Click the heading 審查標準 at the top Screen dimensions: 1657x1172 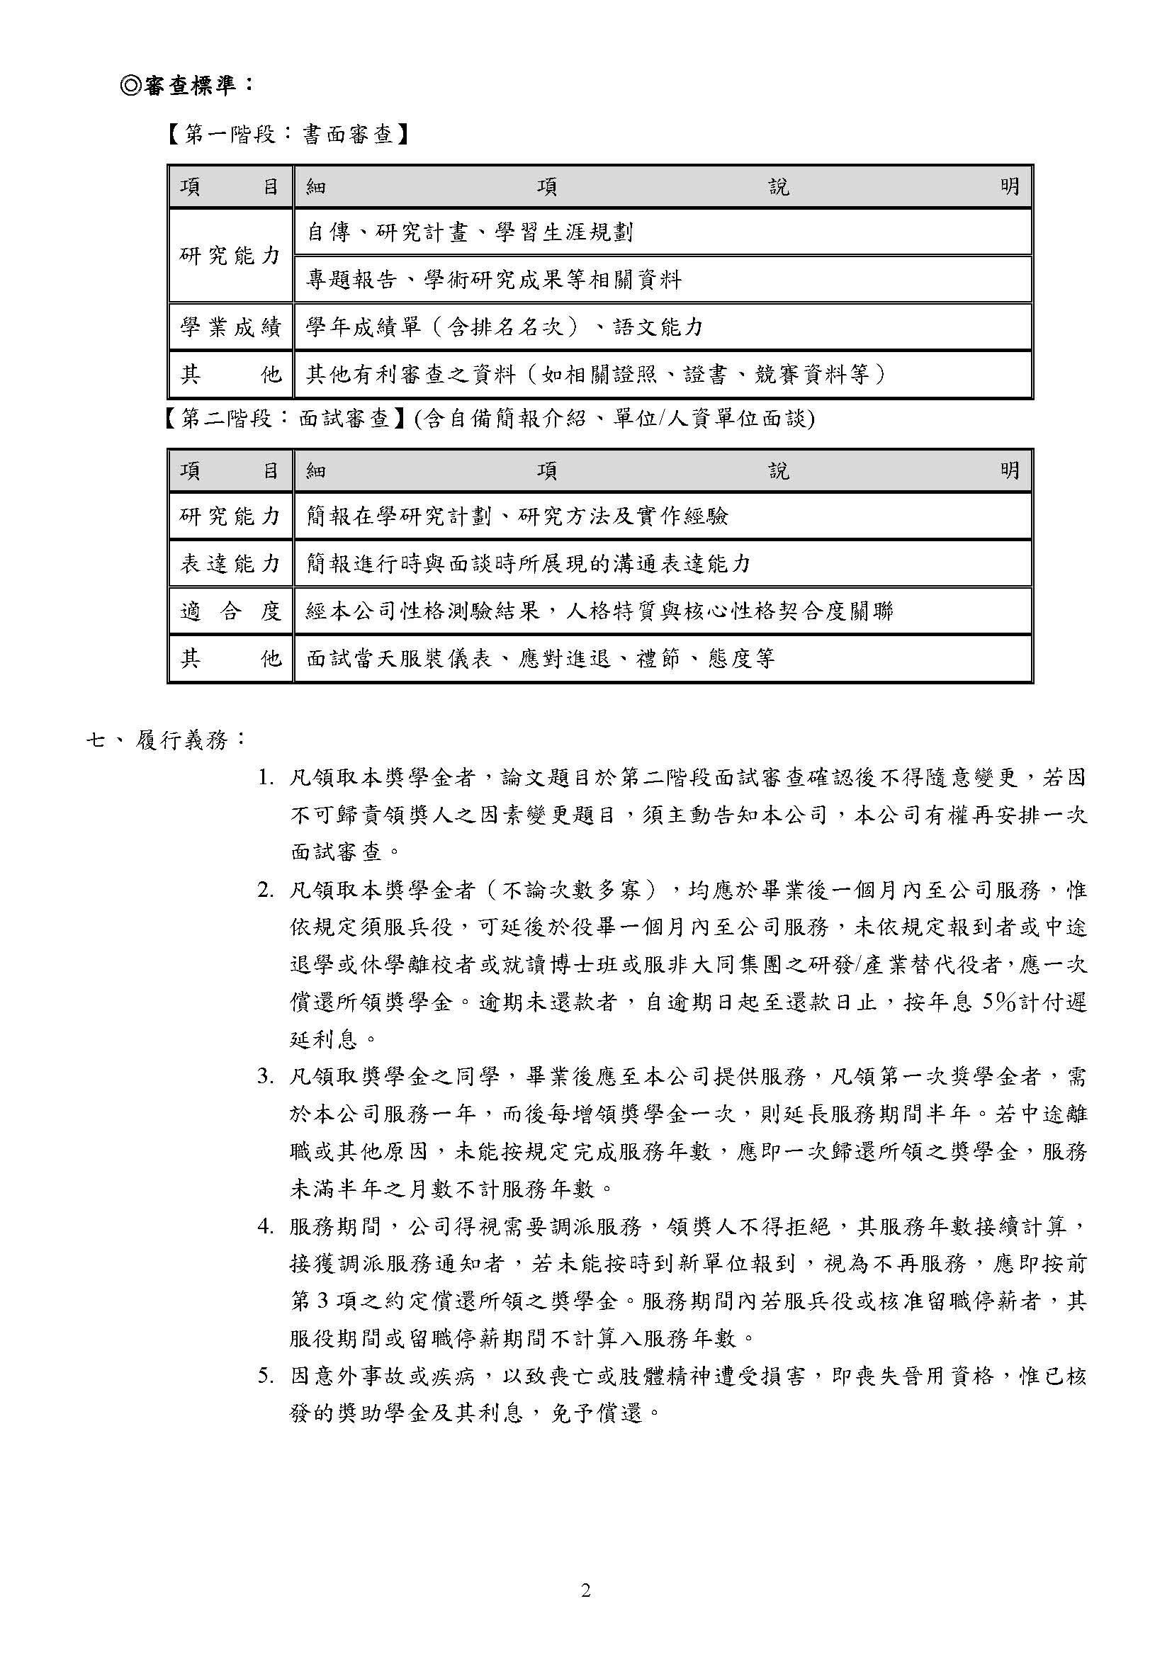[x=186, y=86]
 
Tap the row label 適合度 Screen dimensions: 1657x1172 [x=230, y=611]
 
